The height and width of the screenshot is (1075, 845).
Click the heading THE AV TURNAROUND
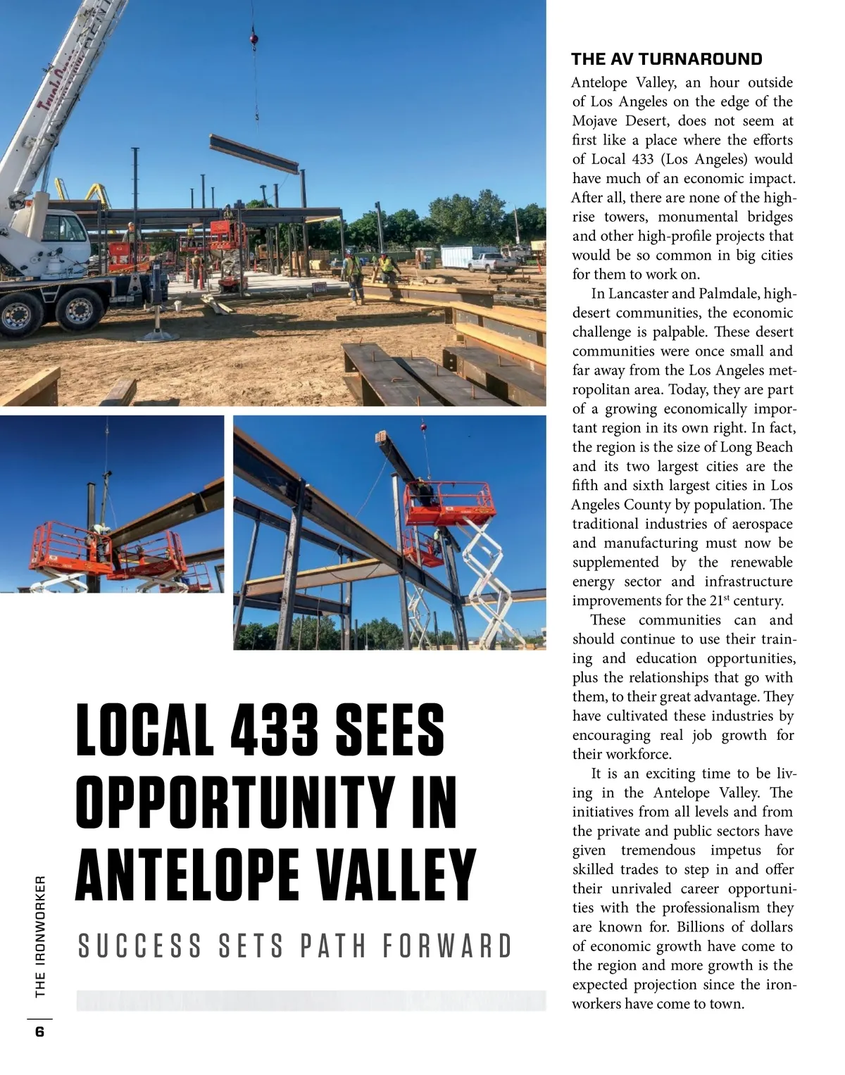coord(666,59)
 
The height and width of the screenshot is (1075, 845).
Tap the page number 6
coord(39,1032)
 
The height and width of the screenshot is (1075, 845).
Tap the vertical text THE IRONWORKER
coord(40,936)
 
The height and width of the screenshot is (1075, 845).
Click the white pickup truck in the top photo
coord(492,263)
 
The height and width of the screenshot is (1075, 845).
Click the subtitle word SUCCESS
coord(140,946)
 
